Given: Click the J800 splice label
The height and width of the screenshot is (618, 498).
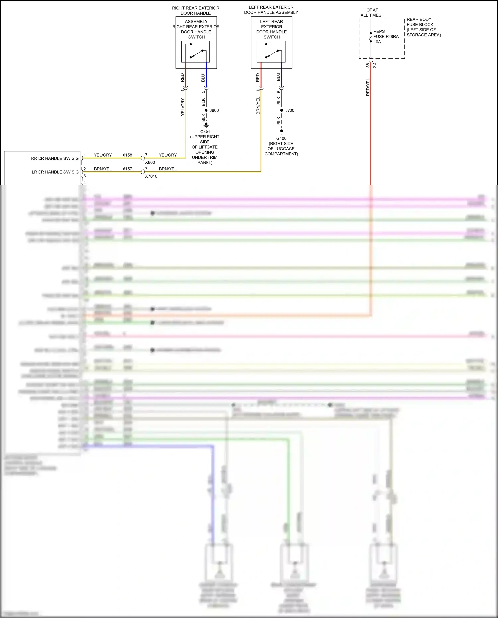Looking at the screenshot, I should (214, 110).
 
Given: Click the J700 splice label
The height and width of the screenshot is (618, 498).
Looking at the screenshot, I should (290, 110).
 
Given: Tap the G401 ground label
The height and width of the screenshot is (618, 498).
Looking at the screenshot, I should (205, 132).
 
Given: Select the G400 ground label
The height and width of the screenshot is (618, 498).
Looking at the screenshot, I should (281, 138).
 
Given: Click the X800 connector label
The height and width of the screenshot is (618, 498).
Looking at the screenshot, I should (150, 162).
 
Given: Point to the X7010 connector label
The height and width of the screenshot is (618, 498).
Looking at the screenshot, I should (151, 176).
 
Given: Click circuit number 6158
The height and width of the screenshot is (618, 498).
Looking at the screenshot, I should (127, 155).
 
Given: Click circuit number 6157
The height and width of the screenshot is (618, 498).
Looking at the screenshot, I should (127, 169).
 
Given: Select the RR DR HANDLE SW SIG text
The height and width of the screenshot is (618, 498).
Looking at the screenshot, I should (55, 158).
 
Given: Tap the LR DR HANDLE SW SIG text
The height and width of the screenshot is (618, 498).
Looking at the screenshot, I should (55, 172).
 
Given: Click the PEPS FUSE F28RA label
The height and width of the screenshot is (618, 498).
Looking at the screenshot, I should (386, 36).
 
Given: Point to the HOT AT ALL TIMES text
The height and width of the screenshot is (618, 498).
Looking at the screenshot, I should (371, 13).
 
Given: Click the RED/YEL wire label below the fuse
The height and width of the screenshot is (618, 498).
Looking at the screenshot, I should (368, 87).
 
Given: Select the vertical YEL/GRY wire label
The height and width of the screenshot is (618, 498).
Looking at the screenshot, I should (182, 107).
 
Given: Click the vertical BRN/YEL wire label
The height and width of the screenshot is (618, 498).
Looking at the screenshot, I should (258, 106).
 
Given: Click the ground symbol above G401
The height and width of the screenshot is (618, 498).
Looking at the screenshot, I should (206, 125).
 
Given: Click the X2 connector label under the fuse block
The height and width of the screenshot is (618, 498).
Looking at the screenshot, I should (375, 66).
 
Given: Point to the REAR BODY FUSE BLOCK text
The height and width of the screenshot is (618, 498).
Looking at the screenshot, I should (423, 27).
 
